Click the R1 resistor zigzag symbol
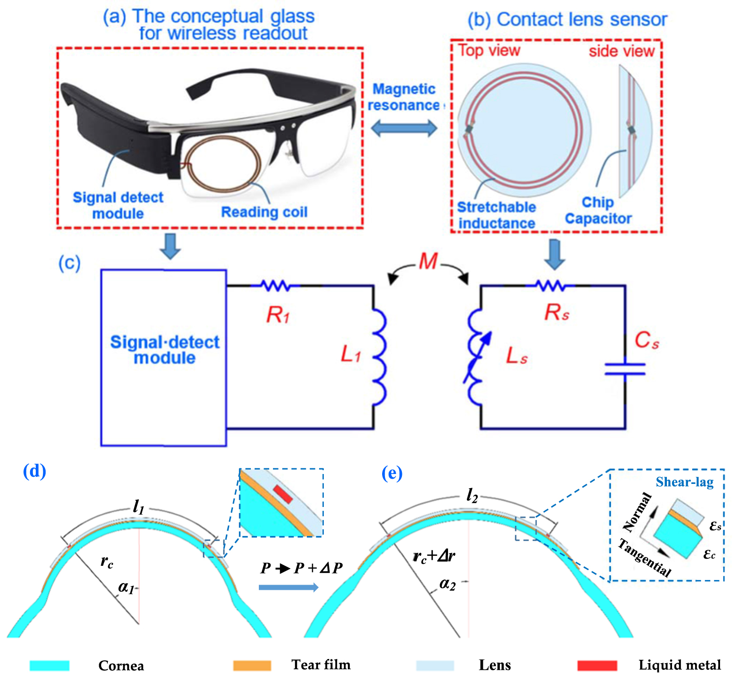click(x=275, y=285)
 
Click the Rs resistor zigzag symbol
click(x=550, y=285)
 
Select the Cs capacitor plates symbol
click(x=625, y=369)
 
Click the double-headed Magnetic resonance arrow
click(x=404, y=128)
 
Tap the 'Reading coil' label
click(x=264, y=212)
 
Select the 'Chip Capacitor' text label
click(x=598, y=210)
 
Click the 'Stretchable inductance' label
click(x=497, y=215)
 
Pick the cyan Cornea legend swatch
click(x=49, y=665)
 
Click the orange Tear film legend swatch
click(x=252, y=665)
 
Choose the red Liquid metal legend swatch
click(x=597, y=665)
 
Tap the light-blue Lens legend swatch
click(x=435, y=665)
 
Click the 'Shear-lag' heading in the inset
click(x=684, y=482)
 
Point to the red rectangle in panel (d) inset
click(x=283, y=494)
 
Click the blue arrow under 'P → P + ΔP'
click(x=288, y=587)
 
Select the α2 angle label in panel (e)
click(x=447, y=585)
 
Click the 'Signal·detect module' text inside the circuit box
click(x=165, y=350)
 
